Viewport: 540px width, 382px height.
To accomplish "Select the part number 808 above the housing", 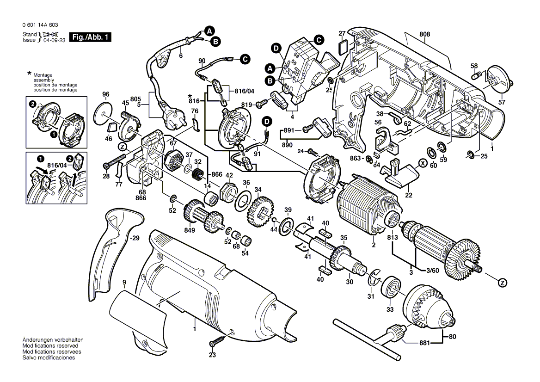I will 425,34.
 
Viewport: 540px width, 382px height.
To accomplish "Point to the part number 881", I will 424,343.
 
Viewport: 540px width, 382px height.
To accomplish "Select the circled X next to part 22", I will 422,163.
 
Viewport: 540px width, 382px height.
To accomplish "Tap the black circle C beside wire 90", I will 245,59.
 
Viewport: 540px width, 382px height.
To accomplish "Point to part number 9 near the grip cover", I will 124,282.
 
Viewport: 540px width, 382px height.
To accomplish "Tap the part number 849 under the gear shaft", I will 190,231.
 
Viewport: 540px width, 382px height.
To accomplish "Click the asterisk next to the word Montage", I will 29,74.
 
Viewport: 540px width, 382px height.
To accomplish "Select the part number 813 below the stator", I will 393,238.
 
